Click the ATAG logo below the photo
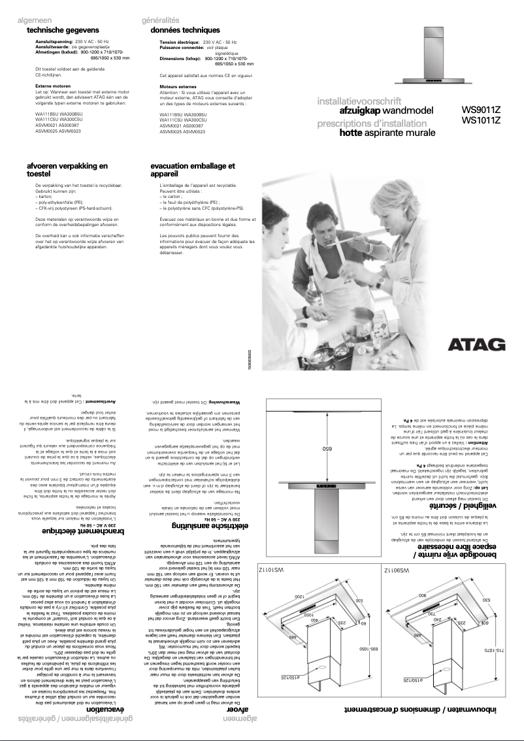point(476,345)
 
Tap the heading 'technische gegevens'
point(63,30)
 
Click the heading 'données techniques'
point(185,30)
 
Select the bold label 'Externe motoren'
point(53,86)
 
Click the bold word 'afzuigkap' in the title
point(358,111)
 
